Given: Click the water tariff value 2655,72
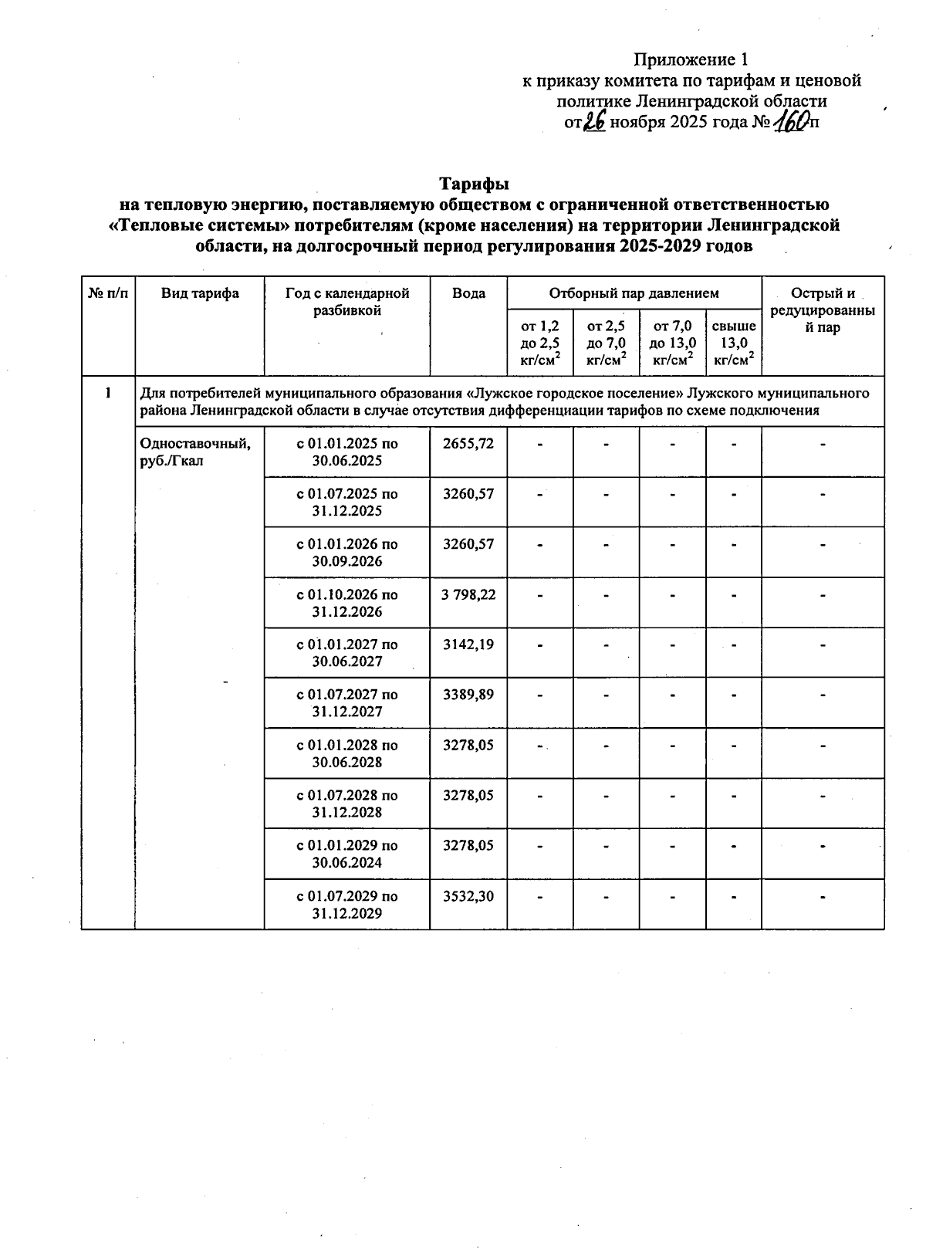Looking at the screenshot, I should tap(468, 444).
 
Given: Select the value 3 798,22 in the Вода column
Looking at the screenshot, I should tap(468, 595).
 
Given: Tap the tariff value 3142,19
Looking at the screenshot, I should tap(468, 645).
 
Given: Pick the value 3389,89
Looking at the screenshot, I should tap(468, 695).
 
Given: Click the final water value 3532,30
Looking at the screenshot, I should tap(468, 896).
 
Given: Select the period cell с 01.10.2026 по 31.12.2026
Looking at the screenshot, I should tap(347, 603).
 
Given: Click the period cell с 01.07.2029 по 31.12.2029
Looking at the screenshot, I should tap(347, 905).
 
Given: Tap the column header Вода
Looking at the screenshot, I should tap(468, 293).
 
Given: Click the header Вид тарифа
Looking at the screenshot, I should tap(200, 293).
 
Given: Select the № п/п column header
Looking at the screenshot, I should tap(108, 293).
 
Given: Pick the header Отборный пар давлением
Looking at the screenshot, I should tap(634, 293).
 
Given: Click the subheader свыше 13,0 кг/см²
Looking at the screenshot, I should tap(733, 343).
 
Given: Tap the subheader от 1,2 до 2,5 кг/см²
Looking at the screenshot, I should tap(540, 343).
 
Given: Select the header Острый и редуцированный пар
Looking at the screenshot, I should tap(823, 310).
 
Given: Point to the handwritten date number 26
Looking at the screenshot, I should tap(595, 121).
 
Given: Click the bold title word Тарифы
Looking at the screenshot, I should tap(474, 184).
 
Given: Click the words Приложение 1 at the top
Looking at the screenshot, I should tap(691, 59).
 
